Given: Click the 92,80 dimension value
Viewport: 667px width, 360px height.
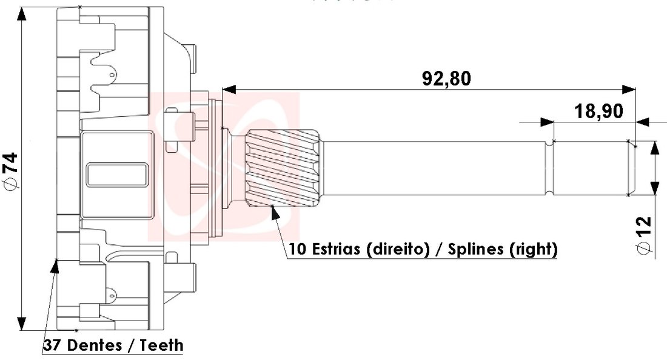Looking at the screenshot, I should click(446, 79).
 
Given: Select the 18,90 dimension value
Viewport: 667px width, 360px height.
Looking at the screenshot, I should click(598, 111).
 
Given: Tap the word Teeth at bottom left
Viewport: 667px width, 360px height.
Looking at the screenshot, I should click(161, 345).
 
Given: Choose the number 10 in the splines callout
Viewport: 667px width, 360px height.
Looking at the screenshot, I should click(297, 248).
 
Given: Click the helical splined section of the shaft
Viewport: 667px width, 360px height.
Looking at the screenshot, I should click(283, 169).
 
